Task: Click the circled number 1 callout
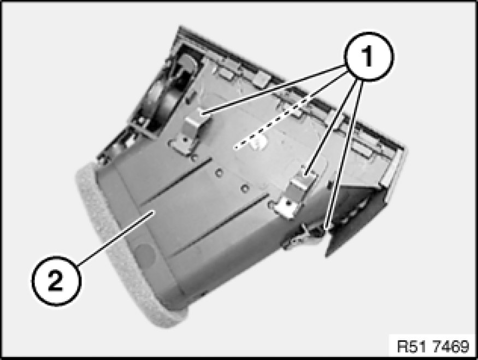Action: coord(368,56)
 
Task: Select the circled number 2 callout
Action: coord(56,281)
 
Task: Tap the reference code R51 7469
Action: coord(433,346)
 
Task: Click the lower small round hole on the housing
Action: coord(245,188)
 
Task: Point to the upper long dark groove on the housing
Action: coord(176,182)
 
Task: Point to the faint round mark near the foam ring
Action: coord(145,254)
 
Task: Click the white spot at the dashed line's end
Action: coord(258,141)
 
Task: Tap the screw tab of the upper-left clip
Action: coord(182,143)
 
